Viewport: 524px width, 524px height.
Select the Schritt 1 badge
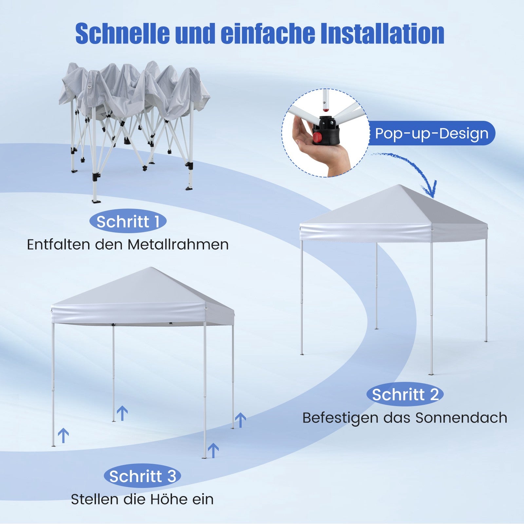click(128, 221)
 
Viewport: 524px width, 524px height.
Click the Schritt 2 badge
click(405, 394)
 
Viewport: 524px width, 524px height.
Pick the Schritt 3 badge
click(142, 476)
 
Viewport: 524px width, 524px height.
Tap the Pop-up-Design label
click(432, 133)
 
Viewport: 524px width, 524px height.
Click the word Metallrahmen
click(178, 244)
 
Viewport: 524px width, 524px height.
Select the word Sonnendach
click(461, 418)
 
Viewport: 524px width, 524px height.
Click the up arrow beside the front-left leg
click(64, 436)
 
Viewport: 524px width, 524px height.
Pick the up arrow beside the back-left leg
click(122, 413)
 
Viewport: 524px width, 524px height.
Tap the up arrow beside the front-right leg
click(213, 451)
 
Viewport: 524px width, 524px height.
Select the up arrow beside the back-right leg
click(240, 420)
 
